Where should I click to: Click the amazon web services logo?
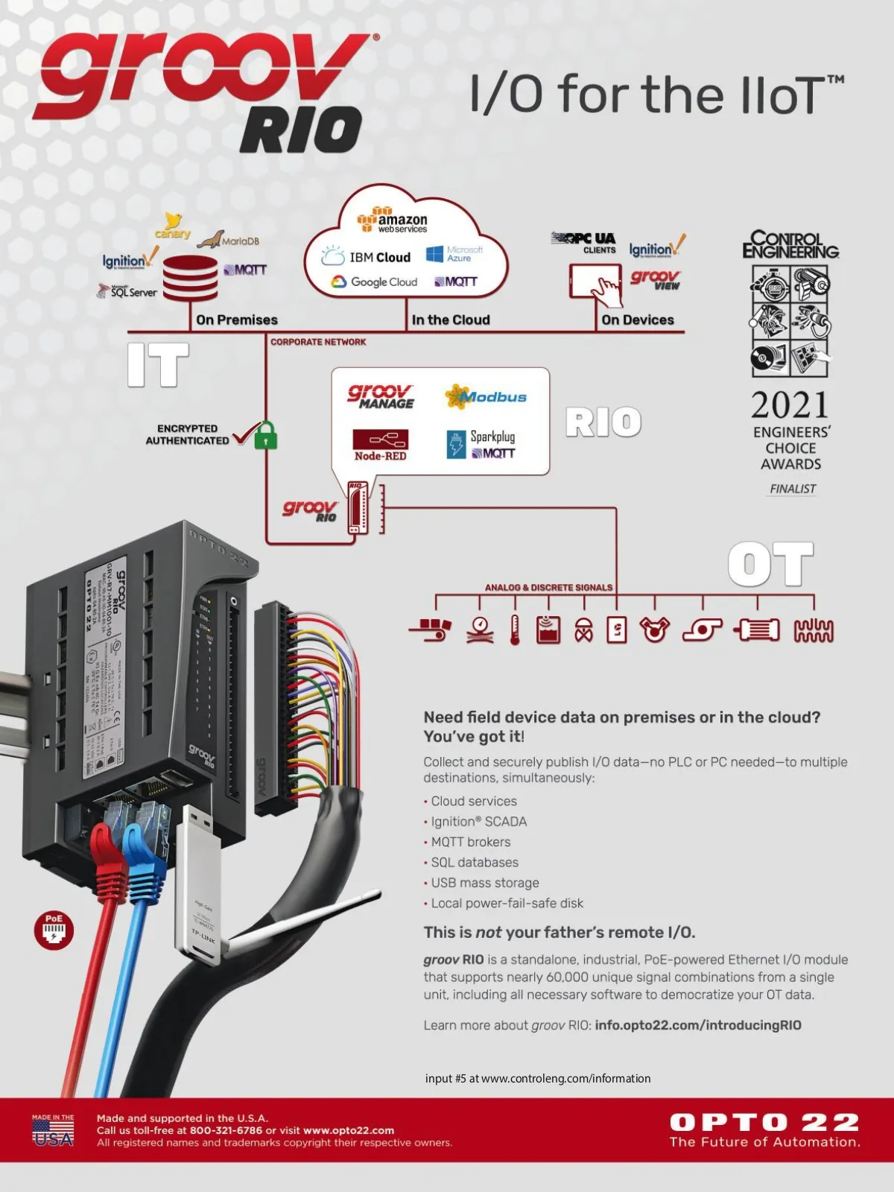click(x=392, y=221)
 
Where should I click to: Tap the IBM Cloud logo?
click(x=367, y=257)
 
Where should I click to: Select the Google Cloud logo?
click(x=374, y=282)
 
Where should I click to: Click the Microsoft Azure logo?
click(x=454, y=254)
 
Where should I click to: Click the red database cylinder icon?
click(x=190, y=278)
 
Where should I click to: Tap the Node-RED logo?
click(x=380, y=445)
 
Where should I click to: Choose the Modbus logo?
click(x=486, y=397)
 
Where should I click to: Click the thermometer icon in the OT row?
click(x=515, y=630)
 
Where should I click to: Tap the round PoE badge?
click(x=54, y=930)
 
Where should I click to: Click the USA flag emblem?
click(x=53, y=1131)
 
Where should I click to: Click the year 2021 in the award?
click(x=790, y=406)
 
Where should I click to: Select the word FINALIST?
click(x=793, y=489)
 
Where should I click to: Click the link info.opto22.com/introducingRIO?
click(x=698, y=1025)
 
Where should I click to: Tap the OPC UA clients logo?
click(x=585, y=241)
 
